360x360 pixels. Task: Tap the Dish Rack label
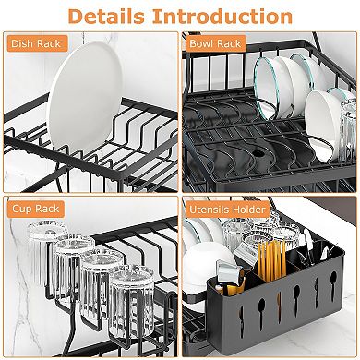tap(34, 43)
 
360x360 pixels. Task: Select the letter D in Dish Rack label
tap(16, 43)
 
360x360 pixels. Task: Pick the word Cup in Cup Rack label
tap(21, 210)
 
